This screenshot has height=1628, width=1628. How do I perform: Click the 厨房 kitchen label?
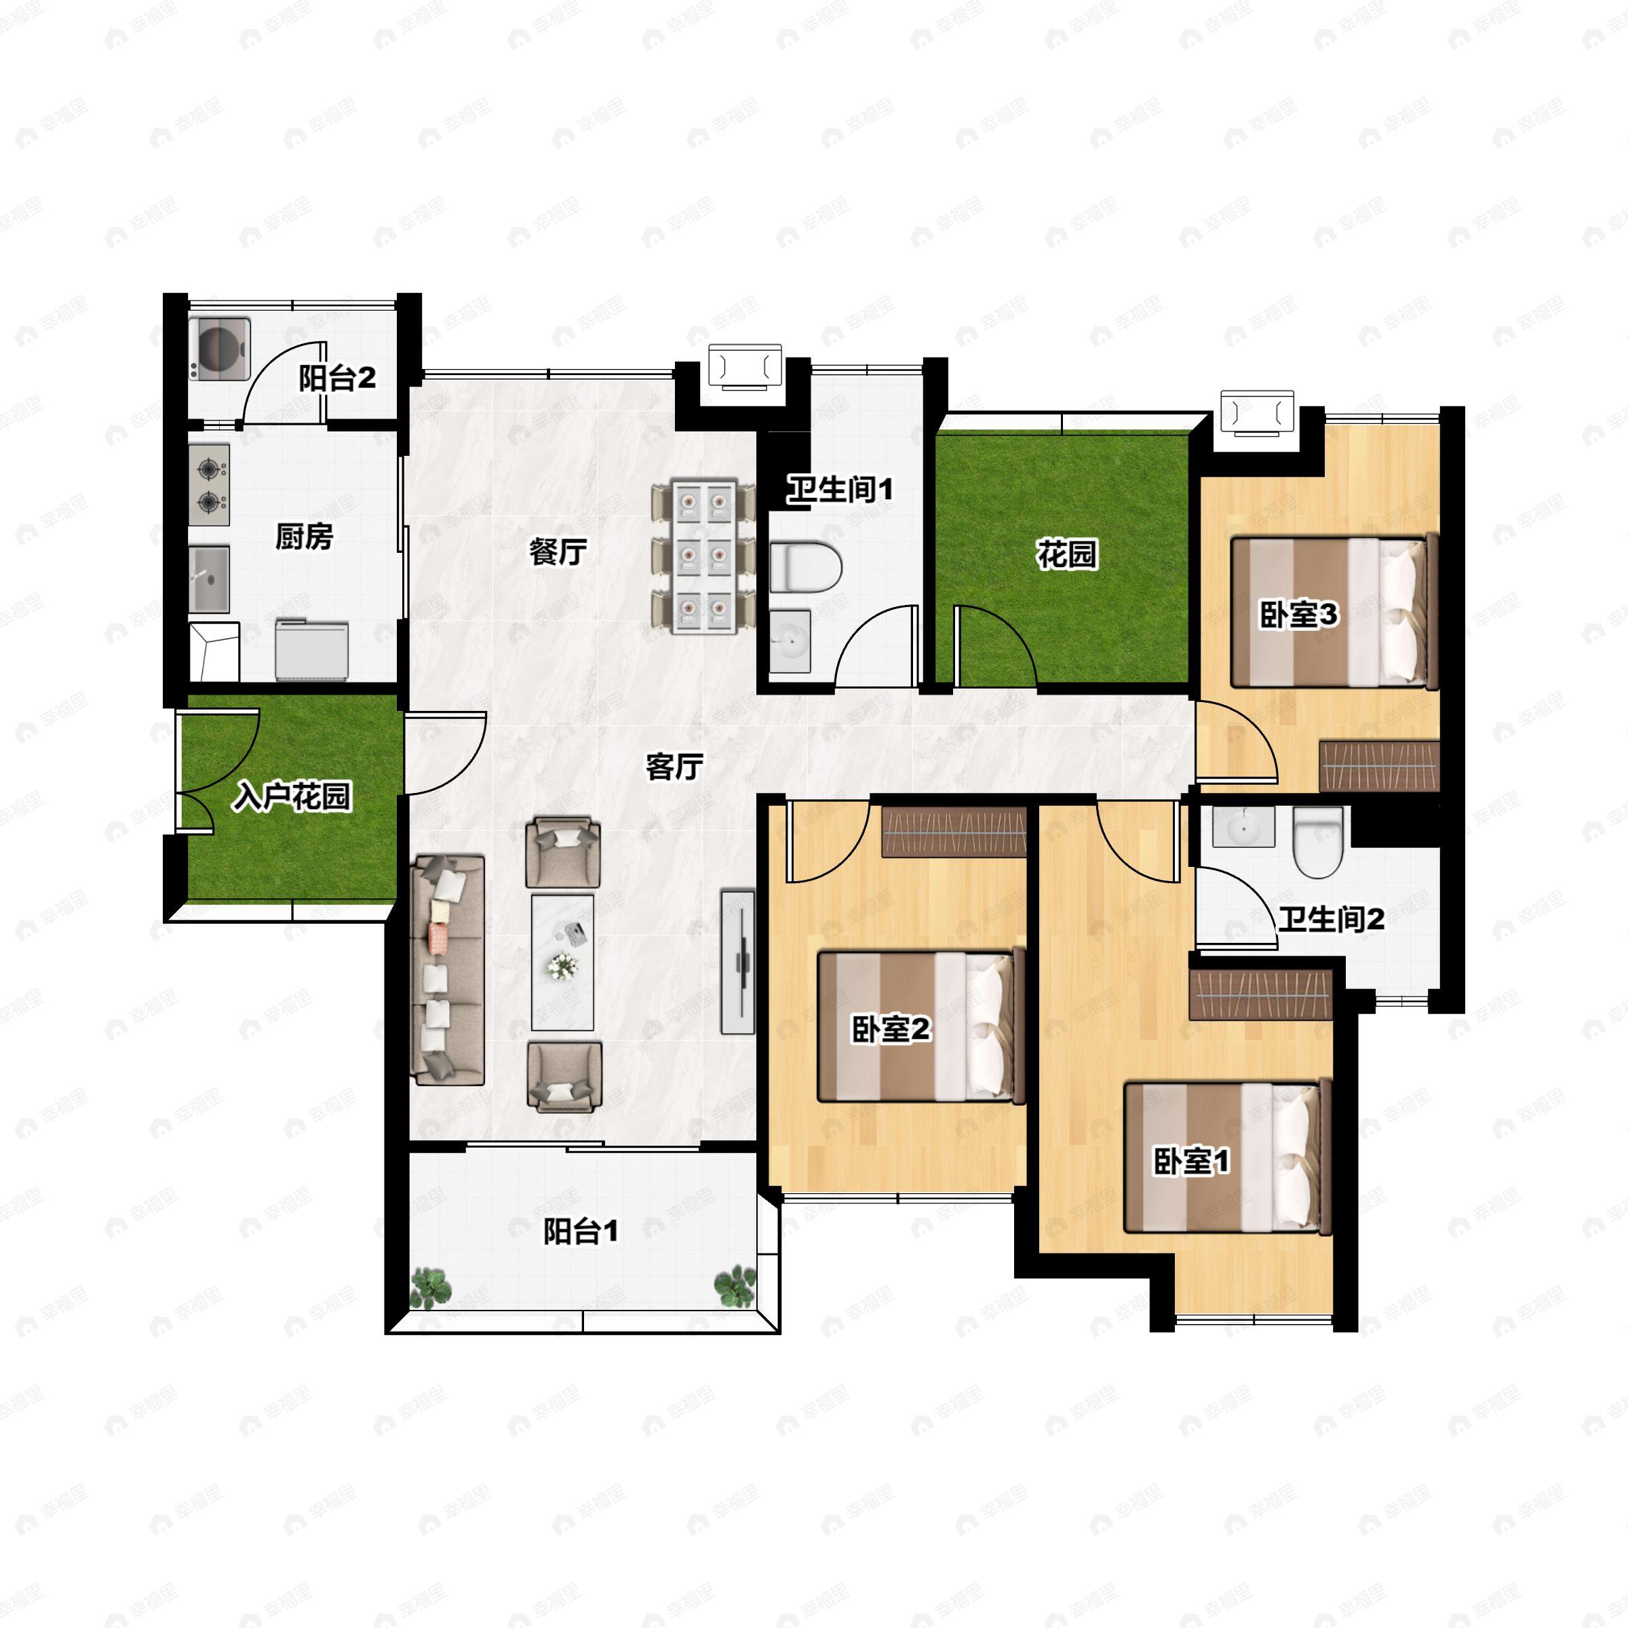[x=304, y=536]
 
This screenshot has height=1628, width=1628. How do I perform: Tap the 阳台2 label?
[x=337, y=379]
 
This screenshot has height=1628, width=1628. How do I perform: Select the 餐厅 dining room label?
[x=558, y=553]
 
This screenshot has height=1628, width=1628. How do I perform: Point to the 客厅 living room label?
[x=674, y=767]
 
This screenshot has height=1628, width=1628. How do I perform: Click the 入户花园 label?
[x=292, y=796]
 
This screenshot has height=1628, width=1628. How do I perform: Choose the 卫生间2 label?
[x=1332, y=918]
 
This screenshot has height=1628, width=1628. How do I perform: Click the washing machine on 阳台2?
[x=219, y=347]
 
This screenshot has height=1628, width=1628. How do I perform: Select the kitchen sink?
[x=209, y=578]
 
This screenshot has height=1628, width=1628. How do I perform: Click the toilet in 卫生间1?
[x=806, y=567]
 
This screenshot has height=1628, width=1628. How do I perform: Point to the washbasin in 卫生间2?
[x=1243, y=827]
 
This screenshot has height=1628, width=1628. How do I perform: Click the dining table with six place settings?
[x=703, y=557]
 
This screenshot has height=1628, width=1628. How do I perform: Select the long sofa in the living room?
[x=448, y=970]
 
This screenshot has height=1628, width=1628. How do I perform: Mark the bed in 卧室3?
[x=1334, y=613]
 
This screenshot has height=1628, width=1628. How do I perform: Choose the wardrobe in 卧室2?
[x=954, y=832]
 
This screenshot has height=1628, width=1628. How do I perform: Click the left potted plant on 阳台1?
[x=431, y=1287]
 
